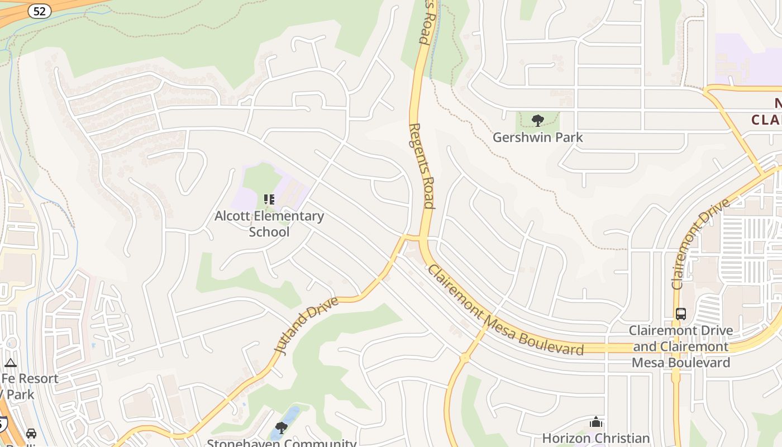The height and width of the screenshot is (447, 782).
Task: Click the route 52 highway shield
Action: pos(39,10)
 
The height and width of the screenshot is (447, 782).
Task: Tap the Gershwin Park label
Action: pos(537,137)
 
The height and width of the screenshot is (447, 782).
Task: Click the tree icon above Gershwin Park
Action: pos(538,120)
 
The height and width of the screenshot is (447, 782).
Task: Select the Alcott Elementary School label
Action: pos(269,223)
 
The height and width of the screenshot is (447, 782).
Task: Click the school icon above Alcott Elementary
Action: pos(269,199)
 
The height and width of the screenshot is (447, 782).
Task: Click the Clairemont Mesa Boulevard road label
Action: pos(506,311)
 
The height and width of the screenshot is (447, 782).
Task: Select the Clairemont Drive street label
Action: pos(701,244)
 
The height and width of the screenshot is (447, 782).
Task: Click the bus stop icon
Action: pos(680,314)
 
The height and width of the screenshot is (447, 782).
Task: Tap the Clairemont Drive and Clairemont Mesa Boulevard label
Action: pos(680,346)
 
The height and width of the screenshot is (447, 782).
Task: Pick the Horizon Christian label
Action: pos(596,438)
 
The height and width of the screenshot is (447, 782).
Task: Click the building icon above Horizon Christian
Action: pos(596,422)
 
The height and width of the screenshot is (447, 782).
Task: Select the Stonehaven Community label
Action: pos(282,443)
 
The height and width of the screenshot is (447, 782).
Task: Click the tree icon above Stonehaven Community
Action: pos(282,428)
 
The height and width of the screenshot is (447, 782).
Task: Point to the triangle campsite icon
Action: pos(11,363)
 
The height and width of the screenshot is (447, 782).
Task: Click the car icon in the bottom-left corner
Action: pos(31,433)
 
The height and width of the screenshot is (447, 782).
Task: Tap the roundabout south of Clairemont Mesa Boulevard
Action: pos(464,358)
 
